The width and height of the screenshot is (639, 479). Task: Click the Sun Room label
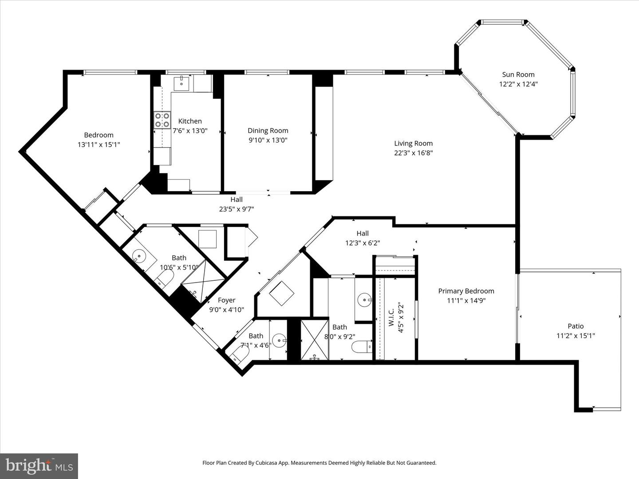(518, 75)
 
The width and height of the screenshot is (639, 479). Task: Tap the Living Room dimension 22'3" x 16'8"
(413, 153)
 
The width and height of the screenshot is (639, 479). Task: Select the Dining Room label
(268, 130)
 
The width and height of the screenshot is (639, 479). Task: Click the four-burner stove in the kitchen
(162, 120)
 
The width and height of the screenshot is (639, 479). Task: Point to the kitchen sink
(181, 82)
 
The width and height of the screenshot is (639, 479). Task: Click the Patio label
(576, 326)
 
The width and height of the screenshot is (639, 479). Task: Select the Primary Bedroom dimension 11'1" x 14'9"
(466, 301)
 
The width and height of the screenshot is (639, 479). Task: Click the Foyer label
(226, 300)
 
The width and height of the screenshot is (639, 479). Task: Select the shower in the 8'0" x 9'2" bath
(315, 340)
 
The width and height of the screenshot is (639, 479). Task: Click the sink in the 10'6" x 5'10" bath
(139, 256)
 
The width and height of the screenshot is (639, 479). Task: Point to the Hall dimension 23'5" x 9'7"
(236, 209)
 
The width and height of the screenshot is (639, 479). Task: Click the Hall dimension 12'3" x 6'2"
(362, 243)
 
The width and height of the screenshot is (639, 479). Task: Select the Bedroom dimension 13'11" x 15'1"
(99, 145)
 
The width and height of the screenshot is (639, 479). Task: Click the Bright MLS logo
(39, 466)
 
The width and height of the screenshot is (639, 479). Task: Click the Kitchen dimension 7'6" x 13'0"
(190, 131)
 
